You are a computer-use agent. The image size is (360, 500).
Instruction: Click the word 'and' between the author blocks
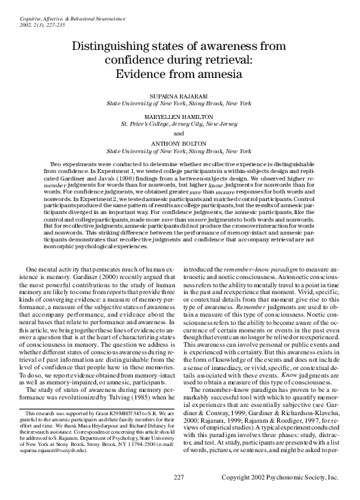[179, 133]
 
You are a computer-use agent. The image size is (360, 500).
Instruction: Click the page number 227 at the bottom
[180, 477]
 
